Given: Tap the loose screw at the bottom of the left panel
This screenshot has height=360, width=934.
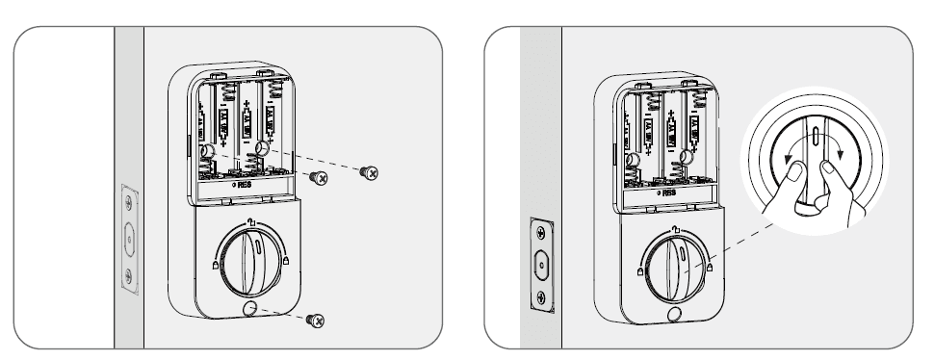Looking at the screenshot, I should point(315,320).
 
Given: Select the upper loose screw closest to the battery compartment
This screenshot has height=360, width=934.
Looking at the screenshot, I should point(318,177).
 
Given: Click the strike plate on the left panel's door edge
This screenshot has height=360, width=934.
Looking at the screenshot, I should point(129,235).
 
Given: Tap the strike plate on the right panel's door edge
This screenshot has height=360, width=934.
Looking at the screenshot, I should point(542,261).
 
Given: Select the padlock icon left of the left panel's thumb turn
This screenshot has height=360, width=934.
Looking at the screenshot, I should point(213,263).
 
